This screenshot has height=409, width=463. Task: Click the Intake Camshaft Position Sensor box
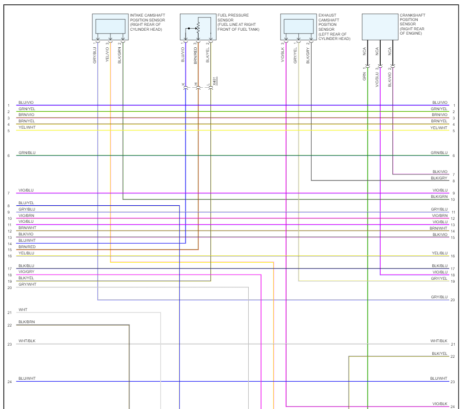[111, 26]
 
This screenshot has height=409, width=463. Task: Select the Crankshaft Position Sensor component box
[380, 26]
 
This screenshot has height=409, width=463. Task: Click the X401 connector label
[215, 81]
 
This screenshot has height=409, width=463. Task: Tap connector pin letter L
[208, 84]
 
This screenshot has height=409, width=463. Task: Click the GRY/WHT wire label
[27, 284]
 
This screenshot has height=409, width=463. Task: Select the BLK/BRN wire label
[27, 322]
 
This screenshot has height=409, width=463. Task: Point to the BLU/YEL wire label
[26, 203]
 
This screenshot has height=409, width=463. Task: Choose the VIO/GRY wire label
[26, 272]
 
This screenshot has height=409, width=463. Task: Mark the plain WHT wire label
[23, 310]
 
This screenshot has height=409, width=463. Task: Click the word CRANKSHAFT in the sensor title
[412, 16]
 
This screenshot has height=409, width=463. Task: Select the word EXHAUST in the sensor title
[327, 16]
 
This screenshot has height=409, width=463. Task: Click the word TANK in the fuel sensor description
[253, 29]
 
